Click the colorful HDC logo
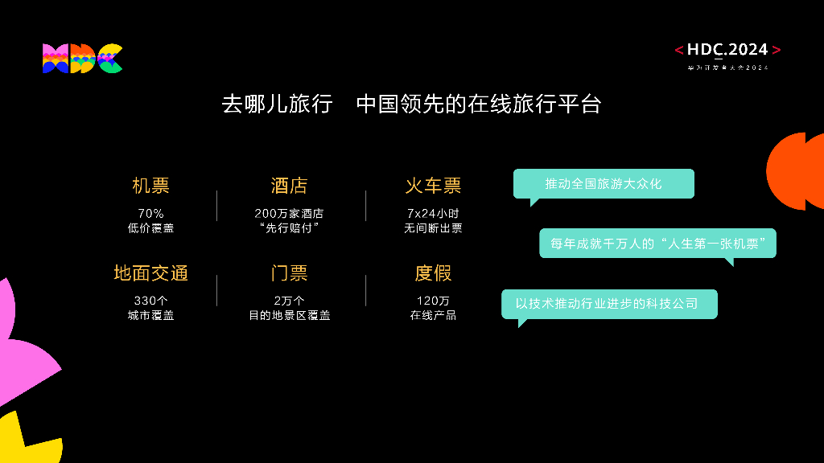click(82, 59)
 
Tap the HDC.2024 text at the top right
click(727, 50)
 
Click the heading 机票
click(150, 186)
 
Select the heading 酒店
click(289, 186)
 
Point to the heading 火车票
click(433, 186)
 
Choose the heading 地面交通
click(150, 273)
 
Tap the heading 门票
click(289, 273)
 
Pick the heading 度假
click(433, 273)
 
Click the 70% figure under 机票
click(150, 214)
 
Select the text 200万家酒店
click(289, 214)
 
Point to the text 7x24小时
click(433, 214)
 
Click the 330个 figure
click(150, 301)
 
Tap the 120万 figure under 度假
click(433, 301)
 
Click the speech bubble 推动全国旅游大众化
click(604, 184)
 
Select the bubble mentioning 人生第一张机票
click(657, 243)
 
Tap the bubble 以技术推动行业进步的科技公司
click(609, 304)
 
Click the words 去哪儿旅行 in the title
click(277, 104)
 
